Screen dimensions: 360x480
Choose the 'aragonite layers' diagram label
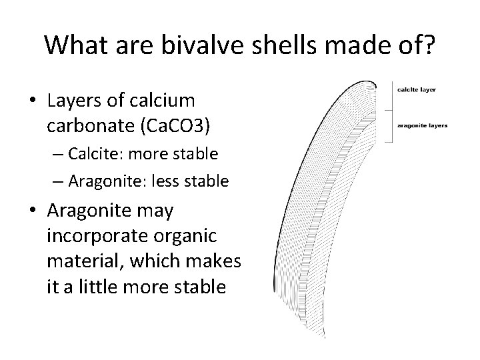pyautogui.click(x=422, y=125)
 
